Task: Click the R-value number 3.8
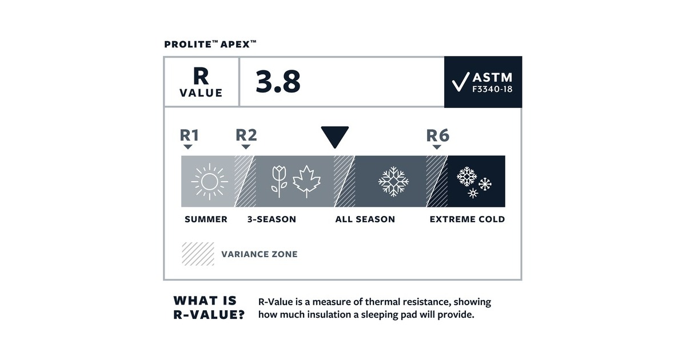278,82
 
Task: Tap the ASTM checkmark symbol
460,82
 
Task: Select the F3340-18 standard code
492,90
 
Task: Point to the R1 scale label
189,135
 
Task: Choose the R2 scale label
246,135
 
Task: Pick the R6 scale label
437,135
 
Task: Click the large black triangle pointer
334,137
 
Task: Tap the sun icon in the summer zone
209,182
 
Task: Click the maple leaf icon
306,181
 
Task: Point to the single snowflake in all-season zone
393,182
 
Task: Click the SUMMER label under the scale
206,219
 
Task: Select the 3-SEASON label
272,219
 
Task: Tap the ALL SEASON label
365,219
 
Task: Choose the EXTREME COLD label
467,219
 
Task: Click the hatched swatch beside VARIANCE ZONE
198,254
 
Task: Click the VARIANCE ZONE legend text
259,254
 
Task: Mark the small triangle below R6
437,147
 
